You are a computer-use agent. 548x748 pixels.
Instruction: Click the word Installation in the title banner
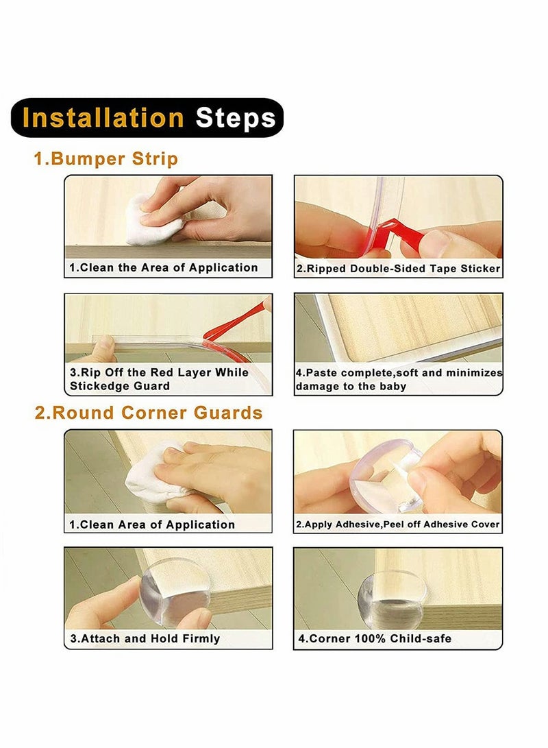(x=103, y=117)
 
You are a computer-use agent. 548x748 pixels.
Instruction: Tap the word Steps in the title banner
(x=236, y=119)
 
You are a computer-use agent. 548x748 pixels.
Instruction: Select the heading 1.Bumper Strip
(x=105, y=159)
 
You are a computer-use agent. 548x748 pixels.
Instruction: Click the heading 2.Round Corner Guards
(x=148, y=413)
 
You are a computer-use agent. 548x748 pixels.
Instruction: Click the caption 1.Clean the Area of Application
(x=164, y=267)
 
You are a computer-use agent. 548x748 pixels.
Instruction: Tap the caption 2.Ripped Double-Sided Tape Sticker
(x=399, y=269)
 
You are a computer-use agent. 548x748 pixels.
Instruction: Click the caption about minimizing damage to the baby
(x=399, y=380)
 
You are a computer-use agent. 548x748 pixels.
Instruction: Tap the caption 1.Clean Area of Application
(x=152, y=524)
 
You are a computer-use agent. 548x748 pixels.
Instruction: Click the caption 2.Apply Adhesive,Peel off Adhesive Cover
(x=397, y=524)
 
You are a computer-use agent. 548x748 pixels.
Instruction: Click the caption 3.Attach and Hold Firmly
(x=145, y=639)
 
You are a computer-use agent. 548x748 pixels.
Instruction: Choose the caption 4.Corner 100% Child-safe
(x=375, y=639)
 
